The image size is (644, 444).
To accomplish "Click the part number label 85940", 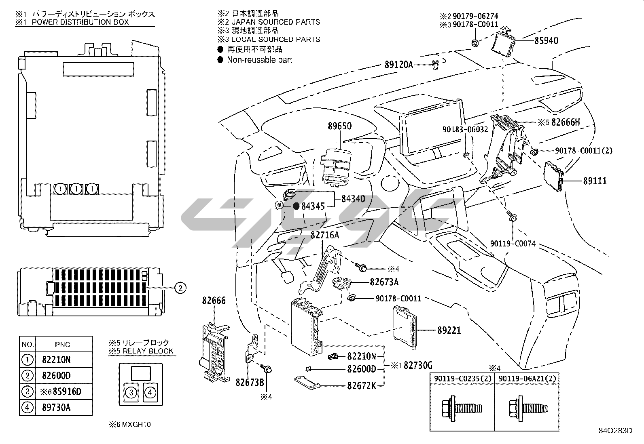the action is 546,40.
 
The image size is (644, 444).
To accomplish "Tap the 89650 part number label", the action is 339,126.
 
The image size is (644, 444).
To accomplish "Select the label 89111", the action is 595,181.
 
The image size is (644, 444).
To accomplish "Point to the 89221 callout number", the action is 449,330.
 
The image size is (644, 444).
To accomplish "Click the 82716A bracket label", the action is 324,235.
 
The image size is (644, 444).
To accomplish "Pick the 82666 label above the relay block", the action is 214,301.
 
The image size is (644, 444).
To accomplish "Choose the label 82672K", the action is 361,385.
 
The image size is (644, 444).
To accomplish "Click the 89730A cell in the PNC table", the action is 56,407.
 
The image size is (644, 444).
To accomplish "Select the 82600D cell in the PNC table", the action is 56,375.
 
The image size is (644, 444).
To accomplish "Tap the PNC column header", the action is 62,344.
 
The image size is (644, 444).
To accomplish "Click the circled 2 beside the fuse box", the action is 180,288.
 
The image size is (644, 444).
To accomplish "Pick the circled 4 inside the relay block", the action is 150,392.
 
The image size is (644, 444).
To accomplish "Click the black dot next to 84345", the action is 296,206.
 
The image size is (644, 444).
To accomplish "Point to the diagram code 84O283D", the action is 616,431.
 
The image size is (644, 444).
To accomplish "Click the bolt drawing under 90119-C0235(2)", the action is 462,408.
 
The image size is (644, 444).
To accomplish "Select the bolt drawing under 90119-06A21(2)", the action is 528,408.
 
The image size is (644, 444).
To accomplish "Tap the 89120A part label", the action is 399,65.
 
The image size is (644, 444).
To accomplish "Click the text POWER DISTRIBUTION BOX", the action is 80,22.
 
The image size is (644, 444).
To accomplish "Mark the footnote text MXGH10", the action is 136,424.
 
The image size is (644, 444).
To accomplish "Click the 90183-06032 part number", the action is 465,130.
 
